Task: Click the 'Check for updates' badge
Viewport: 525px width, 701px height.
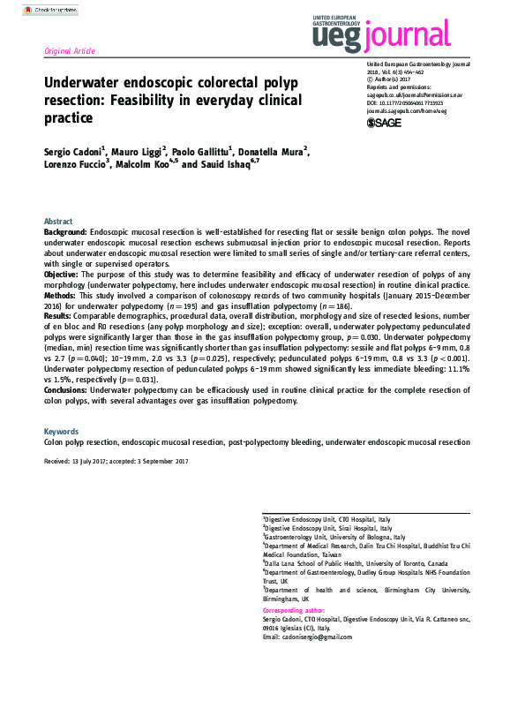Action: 44,11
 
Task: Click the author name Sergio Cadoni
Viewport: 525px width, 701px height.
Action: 74,152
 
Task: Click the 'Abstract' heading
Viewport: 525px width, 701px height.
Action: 59,221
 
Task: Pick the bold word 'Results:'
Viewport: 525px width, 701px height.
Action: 58,315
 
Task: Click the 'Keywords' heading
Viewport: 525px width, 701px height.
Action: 61,432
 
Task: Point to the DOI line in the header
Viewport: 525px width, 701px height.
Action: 409,102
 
